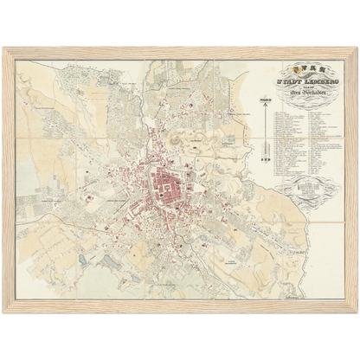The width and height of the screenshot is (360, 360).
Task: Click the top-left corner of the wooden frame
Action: (4, 48)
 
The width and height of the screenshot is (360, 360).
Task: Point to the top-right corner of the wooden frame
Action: (356, 48)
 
